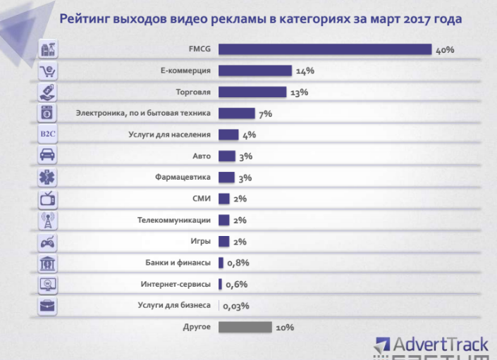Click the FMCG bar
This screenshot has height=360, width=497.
(324, 49)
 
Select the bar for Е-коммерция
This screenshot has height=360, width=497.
(254, 70)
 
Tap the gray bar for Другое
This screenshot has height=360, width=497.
(245, 327)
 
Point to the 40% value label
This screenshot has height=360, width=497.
(445, 50)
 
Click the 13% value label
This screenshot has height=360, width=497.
(299, 92)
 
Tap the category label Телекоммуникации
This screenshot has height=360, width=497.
(174, 221)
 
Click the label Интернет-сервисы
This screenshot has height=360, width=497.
(176, 285)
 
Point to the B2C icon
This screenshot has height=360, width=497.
(48, 135)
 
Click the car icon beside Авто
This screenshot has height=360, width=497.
(48, 156)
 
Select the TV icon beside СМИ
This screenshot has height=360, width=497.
(48, 199)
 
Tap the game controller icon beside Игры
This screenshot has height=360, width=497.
(48, 242)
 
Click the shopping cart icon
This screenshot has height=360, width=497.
(48, 70)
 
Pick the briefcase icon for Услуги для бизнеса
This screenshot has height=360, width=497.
(48, 306)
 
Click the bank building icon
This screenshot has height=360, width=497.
(48, 263)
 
